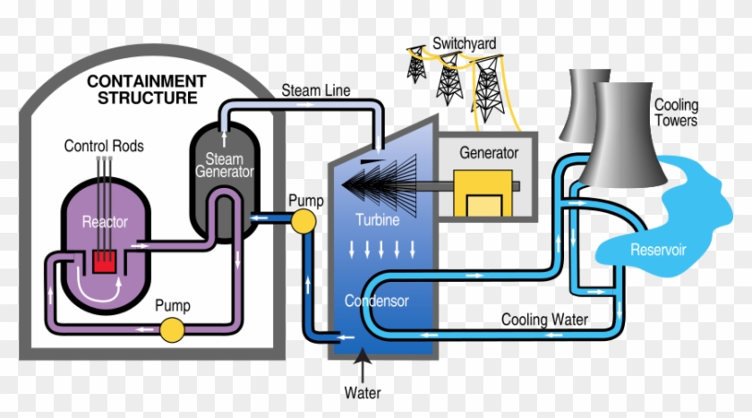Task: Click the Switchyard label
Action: pyautogui.click(x=464, y=43)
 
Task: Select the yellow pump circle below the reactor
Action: pyautogui.click(x=171, y=331)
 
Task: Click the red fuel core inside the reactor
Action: pyautogui.click(x=105, y=260)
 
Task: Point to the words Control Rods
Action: pyautogui.click(x=104, y=145)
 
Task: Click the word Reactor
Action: pyautogui.click(x=105, y=221)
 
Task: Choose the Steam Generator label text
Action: pyautogui.click(x=224, y=166)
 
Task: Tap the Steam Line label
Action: pyautogui.click(x=316, y=90)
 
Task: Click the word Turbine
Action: pyautogui.click(x=376, y=219)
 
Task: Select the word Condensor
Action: pyautogui.click(x=377, y=301)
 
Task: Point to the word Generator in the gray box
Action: pyautogui.click(x=488, y=152)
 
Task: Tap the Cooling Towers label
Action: pyautogui.click(x=676, y=113)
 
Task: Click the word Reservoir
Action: pyautogui.click(x=657, y=250)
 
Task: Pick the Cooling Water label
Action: pyautogui.click(x=544, y=319)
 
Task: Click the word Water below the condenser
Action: pyautogui.click(x=363, y=393)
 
